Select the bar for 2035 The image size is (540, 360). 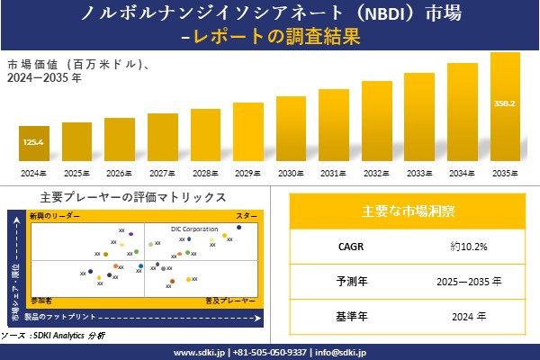click(x=506, y=108)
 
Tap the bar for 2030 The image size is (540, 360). click(x=292, y=130)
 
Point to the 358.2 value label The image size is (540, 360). click(x=506, y=103)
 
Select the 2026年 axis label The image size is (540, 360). click(x=119, y=174)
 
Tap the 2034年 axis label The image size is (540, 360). click(x=463, y=174)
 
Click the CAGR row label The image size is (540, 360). click(x=345, y=246)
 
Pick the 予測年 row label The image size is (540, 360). click(x=345, y=281)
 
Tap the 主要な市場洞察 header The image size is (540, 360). click(x=408, y=212)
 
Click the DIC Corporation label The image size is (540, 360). click(x=194, y=229)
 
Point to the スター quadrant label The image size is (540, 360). click(x=247, y=217)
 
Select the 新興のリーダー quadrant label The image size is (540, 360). click(x=55, y=217)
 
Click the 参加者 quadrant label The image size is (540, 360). click(x=40, y=298)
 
